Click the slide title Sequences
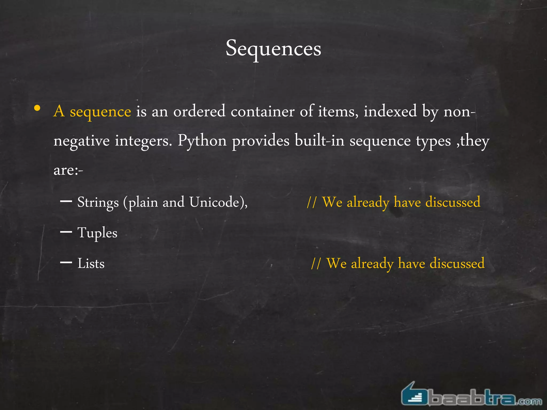click(x=273, y=49)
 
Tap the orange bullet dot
click(x=37, y=108)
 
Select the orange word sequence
click(x=100, y=112)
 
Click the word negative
click(x=81, y=141)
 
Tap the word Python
click(x=202, y=141)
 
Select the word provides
click(x=261, y=141)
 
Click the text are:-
click(x=68, y=170)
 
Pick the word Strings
click(x=98, y=202)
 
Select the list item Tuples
click(x=97, y=233)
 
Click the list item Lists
click(x=91, y=263)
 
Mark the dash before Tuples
click(x=66, y=232)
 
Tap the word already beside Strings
click(x=368, y=202)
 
